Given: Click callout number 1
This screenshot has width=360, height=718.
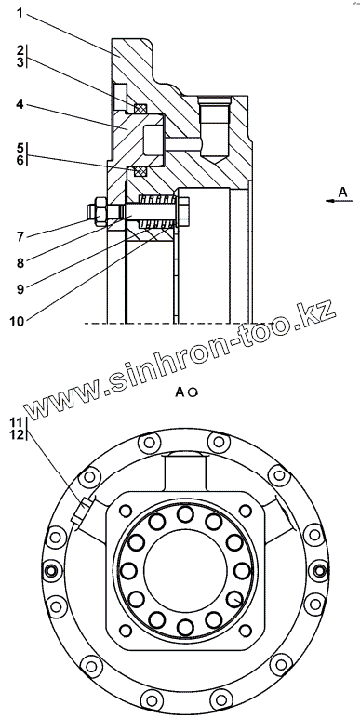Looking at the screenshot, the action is pos(20,12).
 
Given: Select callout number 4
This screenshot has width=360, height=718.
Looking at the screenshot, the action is pos(20,104).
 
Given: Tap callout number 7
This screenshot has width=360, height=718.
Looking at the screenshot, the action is pos(20,236).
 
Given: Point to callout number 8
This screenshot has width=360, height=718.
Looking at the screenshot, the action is pos(20,262).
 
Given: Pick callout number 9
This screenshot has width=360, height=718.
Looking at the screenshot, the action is pos(20,288).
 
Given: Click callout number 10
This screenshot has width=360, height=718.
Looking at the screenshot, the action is pos(16,321).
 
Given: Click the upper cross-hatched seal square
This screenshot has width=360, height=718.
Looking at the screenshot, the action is pos(140,108).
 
